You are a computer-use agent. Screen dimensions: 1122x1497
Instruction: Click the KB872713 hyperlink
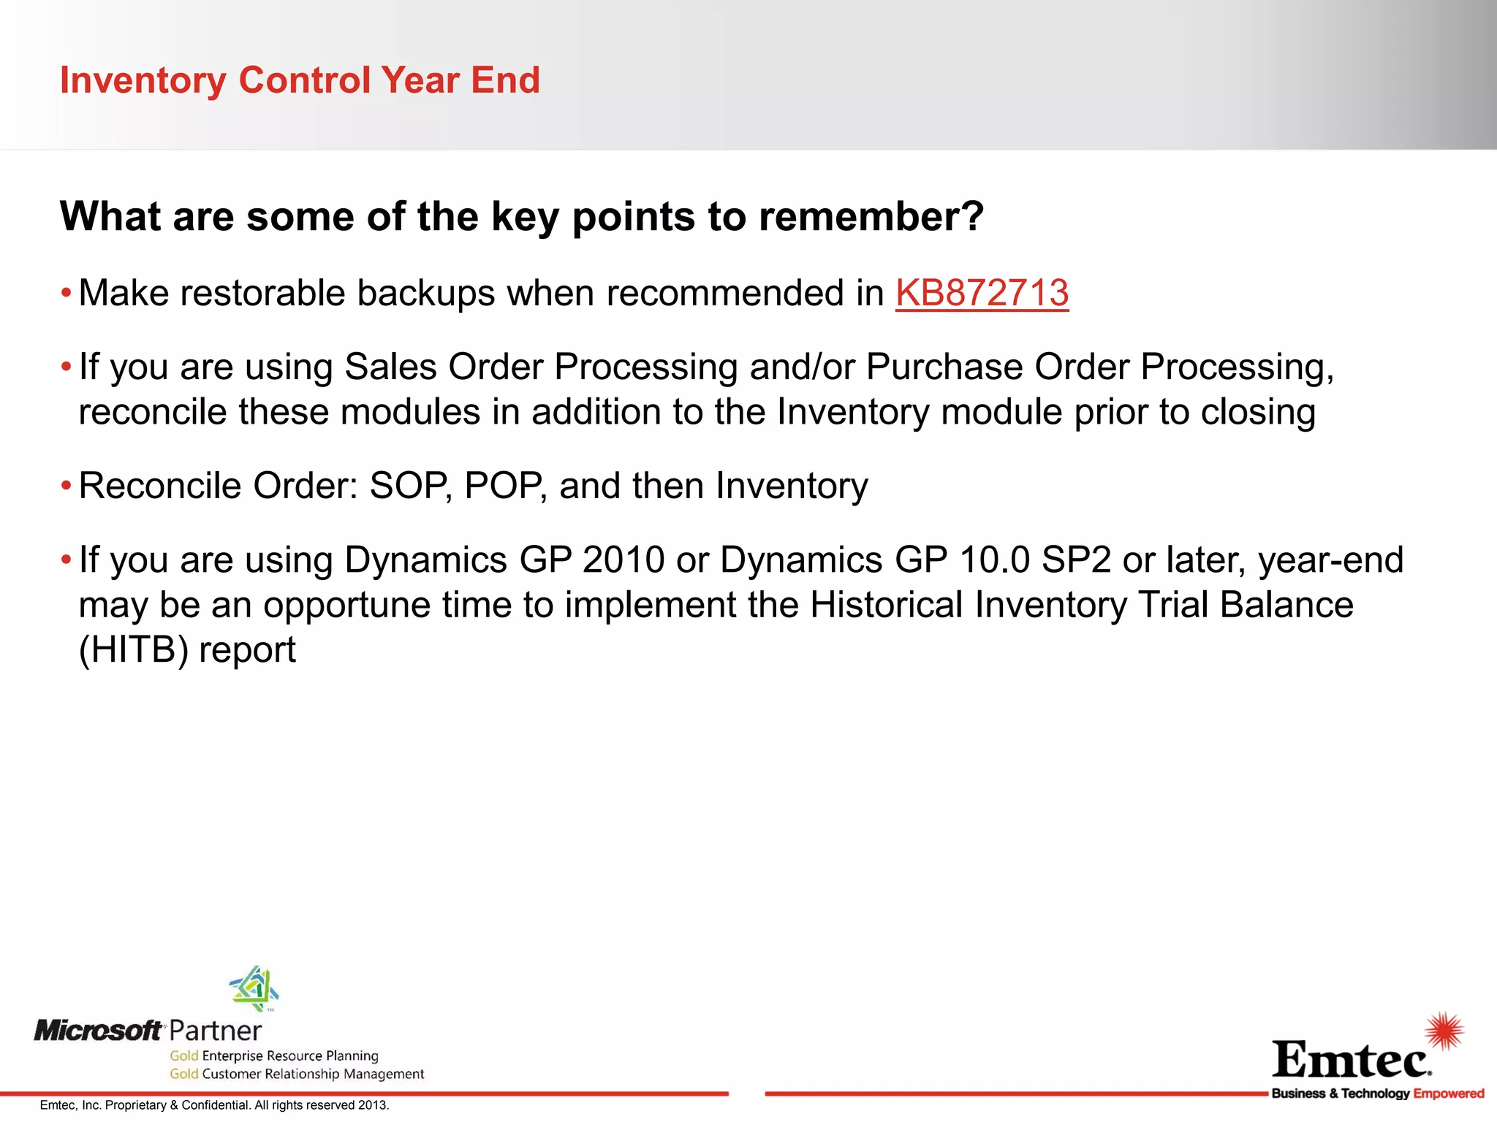click(x=982, y=294)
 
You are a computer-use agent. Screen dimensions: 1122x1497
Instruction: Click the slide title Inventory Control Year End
click(x=300, y=80)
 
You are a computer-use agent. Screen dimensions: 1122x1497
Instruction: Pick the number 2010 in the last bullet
click(x=624, y=560)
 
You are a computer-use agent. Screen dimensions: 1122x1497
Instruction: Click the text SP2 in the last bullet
click(x=1076, y=560)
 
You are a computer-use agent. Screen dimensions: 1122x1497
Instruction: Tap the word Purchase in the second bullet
click(x=944, y=367)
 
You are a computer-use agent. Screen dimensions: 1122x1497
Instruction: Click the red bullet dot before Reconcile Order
click(x=66, y=486)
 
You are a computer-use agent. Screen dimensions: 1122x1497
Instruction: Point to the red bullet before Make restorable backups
click(x=66, y=294)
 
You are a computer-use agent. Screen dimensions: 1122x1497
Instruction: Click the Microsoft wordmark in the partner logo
click(x=98, y=1031)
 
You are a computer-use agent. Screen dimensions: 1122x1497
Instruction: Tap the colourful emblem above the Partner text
click(x=254, y=988)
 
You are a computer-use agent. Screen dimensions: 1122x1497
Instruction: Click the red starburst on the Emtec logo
click(x=1444, y=1031)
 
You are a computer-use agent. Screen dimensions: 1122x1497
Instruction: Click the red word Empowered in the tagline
click(x=1449, y=1094)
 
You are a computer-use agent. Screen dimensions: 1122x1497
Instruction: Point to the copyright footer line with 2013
click(x=214, y=1105)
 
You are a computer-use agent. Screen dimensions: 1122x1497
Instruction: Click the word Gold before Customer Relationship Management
click(x=184, y=1074)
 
